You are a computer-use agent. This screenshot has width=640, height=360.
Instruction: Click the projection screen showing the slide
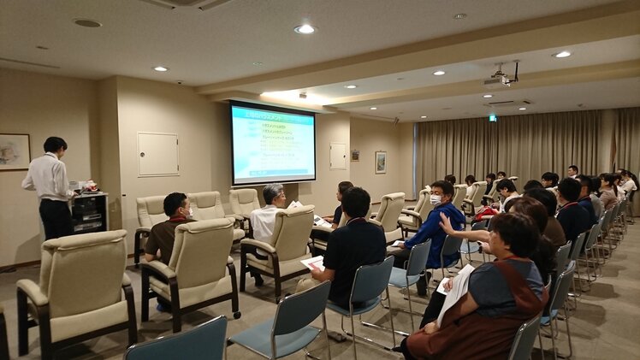click(x=273, y=144)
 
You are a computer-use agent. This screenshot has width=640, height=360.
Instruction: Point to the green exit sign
click(x=493, y=117)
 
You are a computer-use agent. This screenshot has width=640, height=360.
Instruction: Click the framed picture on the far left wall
click(x=14, y=151)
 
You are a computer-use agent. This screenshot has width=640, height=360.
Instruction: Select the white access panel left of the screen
click(x=158, y=155)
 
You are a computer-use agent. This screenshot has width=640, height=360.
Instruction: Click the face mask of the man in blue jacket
click(x=436, y=199)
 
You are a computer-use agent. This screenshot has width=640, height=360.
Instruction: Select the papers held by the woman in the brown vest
click(x=456, y=291)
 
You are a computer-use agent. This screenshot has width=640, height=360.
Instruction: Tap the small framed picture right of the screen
click(x=380, y=162)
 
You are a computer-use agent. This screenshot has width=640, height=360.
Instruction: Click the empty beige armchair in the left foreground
click(x=74, y=286)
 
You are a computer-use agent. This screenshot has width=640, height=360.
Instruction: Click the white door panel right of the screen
click(x=339, y=156)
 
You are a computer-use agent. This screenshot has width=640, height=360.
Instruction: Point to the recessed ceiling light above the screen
click(x=305, y=29)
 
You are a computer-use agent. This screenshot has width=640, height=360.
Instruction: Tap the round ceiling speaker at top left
click(x=86, y=23)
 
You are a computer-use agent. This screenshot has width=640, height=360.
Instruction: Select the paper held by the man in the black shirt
click(x=313, y=262)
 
